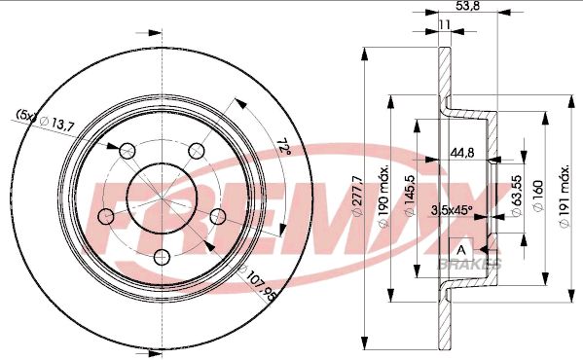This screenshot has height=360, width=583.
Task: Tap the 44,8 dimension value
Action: (x=461, y=152)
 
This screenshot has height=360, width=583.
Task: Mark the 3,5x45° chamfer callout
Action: (x=452, y=209)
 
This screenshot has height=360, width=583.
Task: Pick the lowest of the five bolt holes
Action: (x=160, y=257)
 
